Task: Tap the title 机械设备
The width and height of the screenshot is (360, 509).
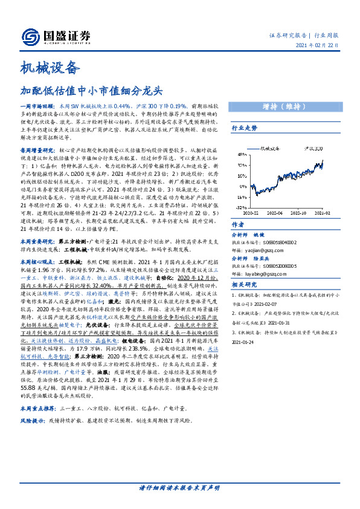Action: click(50, 66)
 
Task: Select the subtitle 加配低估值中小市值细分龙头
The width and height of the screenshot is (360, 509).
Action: click(92, 91)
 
